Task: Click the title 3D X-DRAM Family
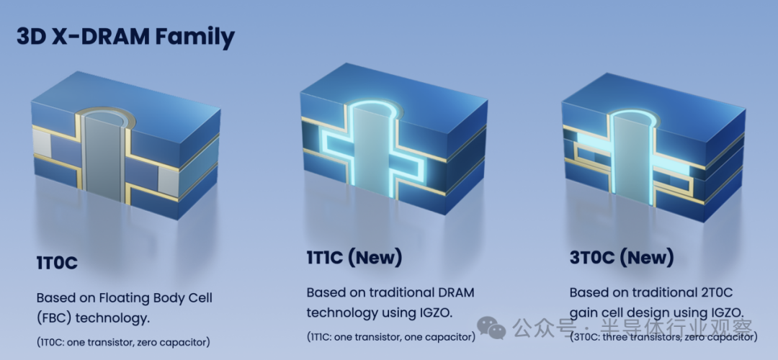point(125,37)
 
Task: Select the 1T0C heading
point(57,263)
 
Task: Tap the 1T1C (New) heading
point(354,258)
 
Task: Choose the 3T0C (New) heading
point(622,258)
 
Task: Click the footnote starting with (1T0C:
point(123,342)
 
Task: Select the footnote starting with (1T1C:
point(391,338)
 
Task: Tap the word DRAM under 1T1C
point(457,292)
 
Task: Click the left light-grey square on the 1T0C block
point(42,143)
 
